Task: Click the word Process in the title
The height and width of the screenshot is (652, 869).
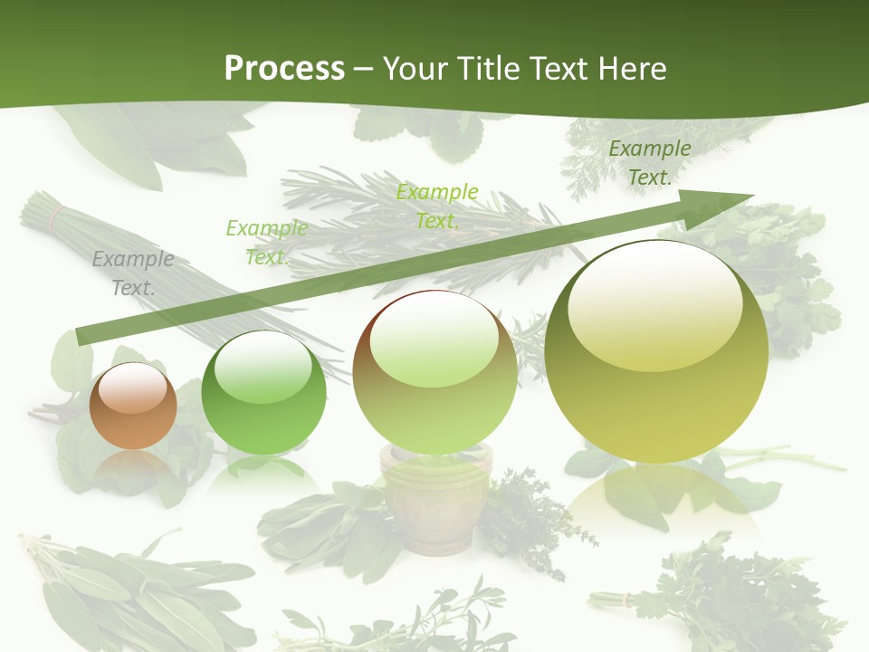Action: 284,69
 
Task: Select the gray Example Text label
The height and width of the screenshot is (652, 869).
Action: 133,273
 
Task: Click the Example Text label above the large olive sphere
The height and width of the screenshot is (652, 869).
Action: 649,163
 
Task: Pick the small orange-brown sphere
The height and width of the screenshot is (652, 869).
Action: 133,407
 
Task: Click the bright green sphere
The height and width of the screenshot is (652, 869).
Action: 263,393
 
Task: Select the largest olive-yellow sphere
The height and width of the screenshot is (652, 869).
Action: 656,351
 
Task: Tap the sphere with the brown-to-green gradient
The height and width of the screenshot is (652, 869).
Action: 434,372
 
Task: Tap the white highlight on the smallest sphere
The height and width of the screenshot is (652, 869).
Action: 133,388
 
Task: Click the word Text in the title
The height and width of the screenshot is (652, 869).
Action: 559,69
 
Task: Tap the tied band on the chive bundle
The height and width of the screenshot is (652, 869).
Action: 57,216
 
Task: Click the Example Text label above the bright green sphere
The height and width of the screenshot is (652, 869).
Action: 266,243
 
